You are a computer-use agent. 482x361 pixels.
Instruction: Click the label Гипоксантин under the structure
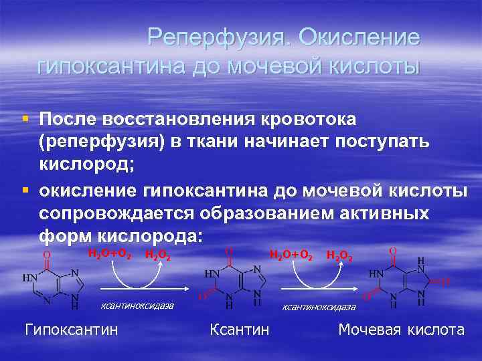click(71, 330)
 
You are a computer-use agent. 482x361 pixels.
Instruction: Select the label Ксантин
click(240, 330)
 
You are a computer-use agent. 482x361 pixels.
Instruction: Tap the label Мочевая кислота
click(401, 330)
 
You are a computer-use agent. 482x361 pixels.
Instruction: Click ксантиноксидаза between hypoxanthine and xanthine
click(137, 306)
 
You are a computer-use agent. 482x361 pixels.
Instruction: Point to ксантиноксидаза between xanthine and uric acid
click(319, 307)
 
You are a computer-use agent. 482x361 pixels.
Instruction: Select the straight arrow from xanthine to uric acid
click(321, 289)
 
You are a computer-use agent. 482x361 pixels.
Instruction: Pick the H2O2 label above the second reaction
click(338, 255)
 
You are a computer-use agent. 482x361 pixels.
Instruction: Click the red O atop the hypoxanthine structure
click(46, 255)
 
